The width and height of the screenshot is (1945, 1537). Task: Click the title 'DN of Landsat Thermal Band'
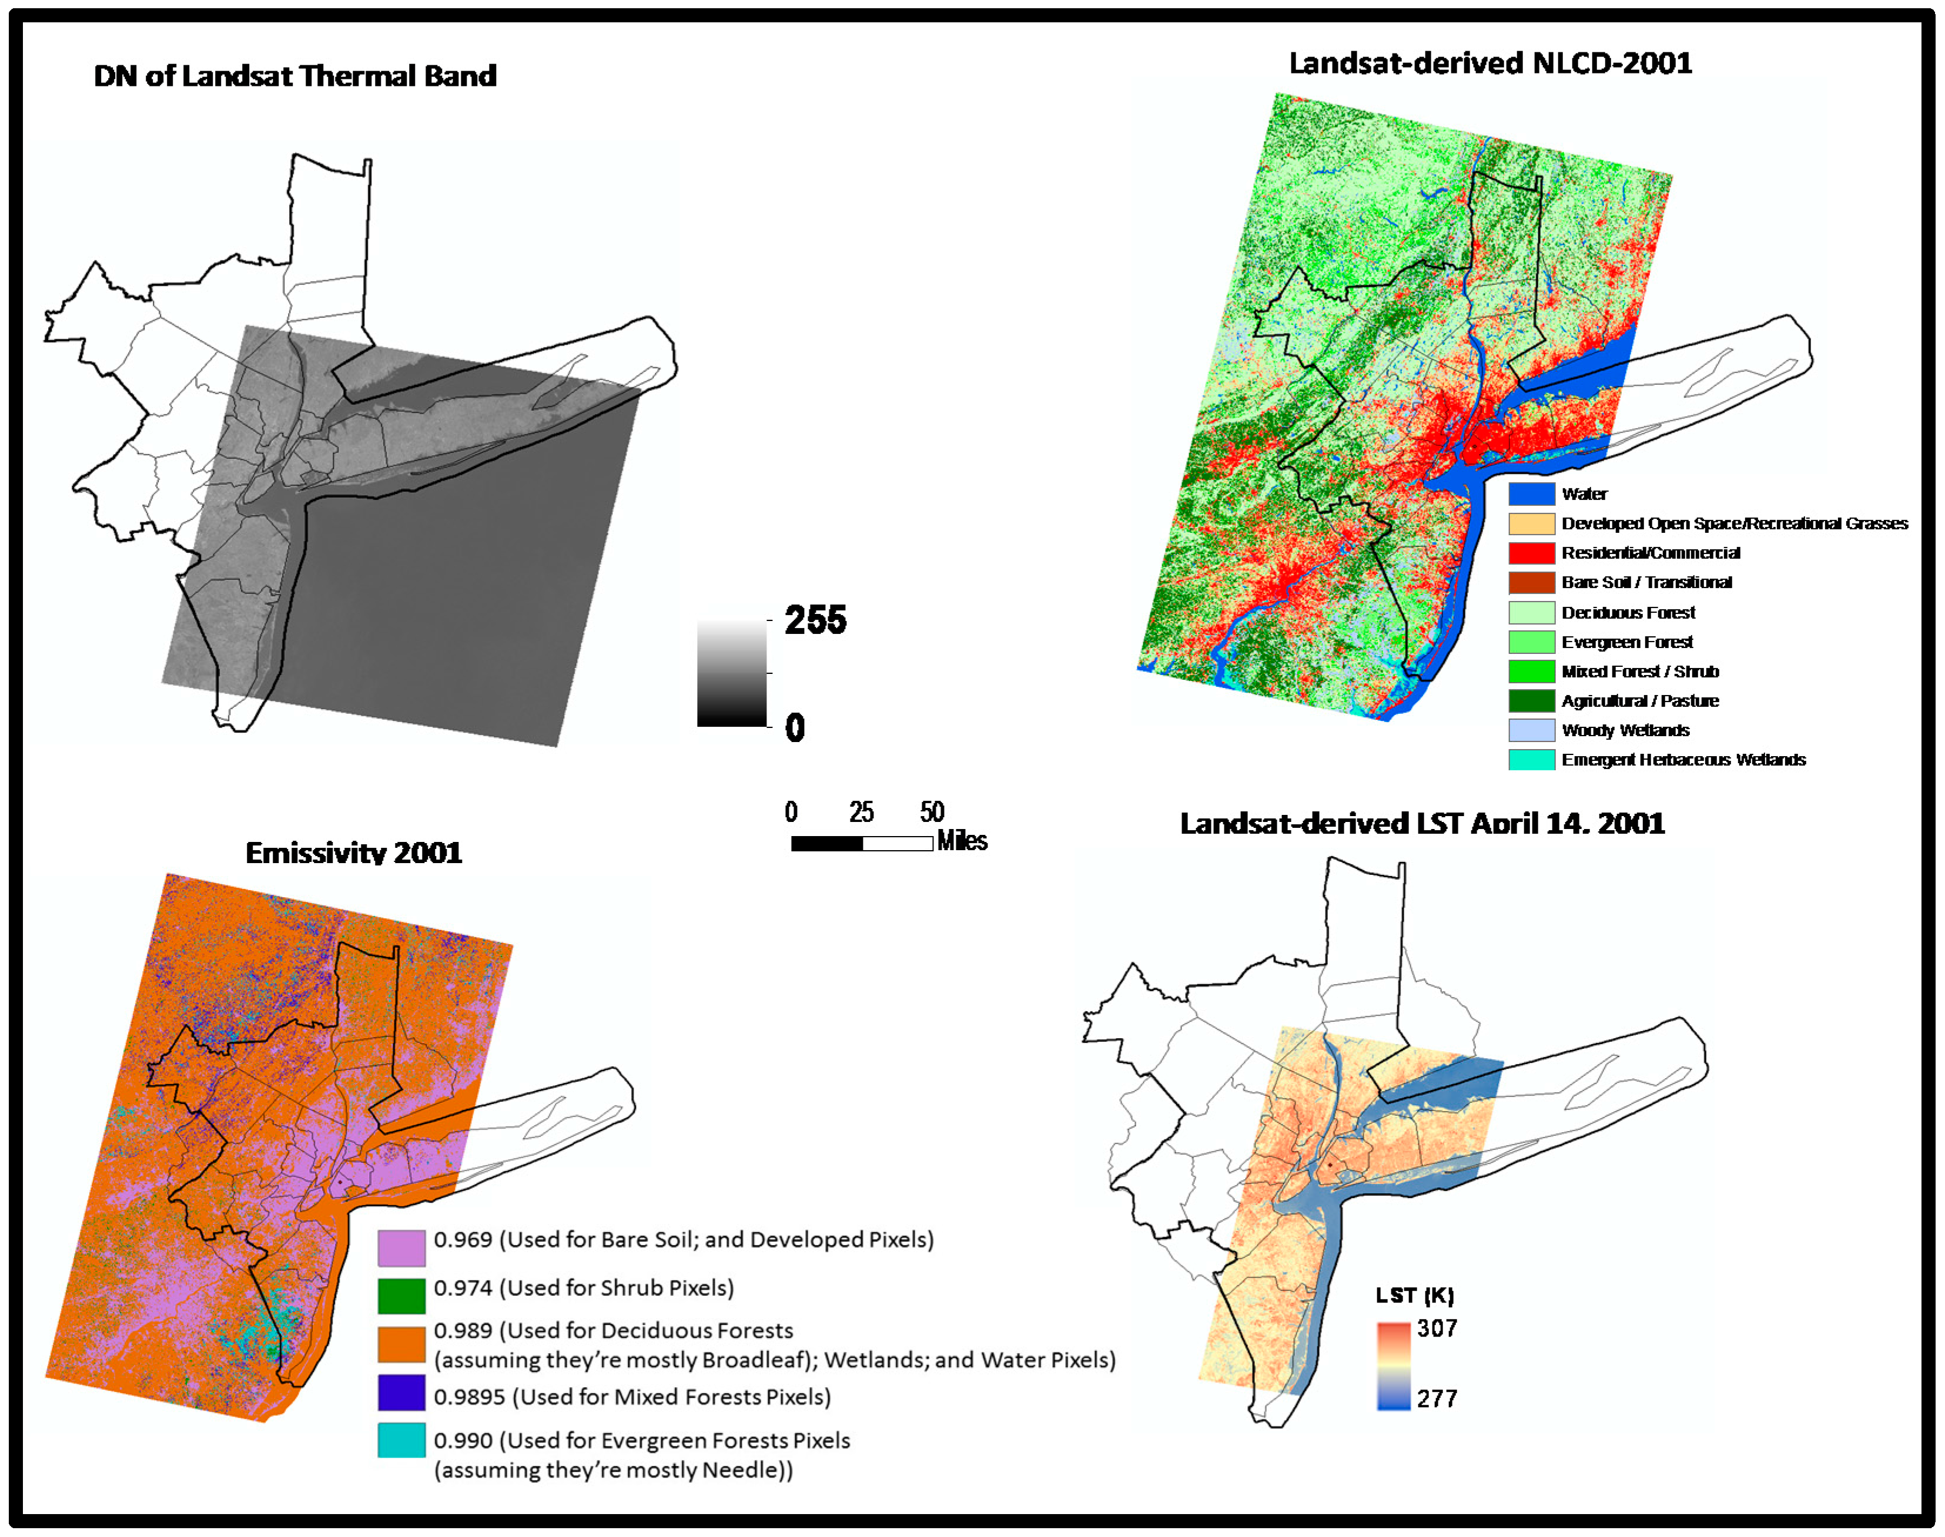pos(295,76)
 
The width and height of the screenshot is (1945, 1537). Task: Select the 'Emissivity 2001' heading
pos(354,851)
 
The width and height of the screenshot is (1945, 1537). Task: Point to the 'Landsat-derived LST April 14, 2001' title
pos(1422,823)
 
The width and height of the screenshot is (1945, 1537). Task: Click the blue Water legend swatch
pos(1531,493)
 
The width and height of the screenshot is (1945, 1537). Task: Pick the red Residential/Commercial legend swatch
pos(1531,552)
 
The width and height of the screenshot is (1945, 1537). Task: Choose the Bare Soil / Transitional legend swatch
pos(1531,582)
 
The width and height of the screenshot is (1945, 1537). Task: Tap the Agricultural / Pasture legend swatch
pos(1531,700)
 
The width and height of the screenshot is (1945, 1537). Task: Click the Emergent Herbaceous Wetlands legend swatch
pos(1531,760)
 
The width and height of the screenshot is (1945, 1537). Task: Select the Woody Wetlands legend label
pos(1625,730)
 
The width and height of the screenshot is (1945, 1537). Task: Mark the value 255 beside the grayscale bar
pos(815,619)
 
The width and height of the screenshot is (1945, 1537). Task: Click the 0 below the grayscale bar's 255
pos(795,727)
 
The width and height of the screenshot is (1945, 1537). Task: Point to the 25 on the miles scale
pos(861,812)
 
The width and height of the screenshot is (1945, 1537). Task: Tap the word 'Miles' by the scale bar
pos(962,841)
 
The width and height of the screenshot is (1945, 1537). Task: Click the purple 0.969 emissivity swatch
pos(401,1248)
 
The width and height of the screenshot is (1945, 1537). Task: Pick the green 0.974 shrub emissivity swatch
pos(401,1296)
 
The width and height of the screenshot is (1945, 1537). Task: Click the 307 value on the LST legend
pos(1437,1328)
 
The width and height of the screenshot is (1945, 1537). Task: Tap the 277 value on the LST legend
pos(1437,1398)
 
